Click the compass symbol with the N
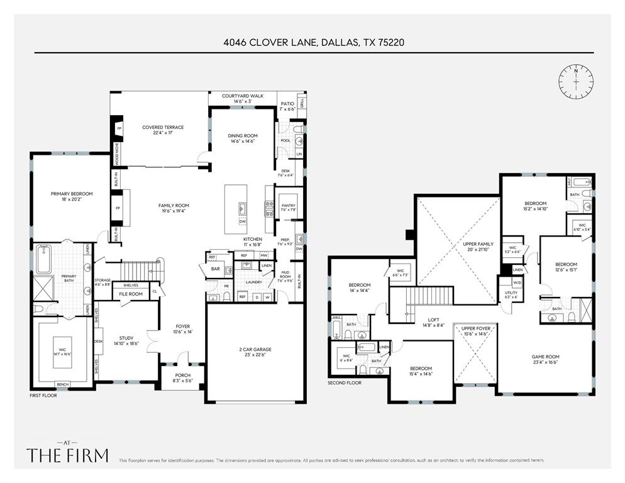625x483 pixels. point(575,80)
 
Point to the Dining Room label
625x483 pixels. point(243,138)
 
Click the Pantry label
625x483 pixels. point(288,206)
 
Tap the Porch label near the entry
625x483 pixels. point(182,378)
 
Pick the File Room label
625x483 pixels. point(131,294)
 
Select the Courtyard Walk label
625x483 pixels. point(243,98)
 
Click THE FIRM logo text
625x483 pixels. point(67,455)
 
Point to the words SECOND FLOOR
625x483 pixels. point(345,382)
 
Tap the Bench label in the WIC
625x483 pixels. point(62,384)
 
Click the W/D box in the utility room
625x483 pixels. point(507,284)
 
